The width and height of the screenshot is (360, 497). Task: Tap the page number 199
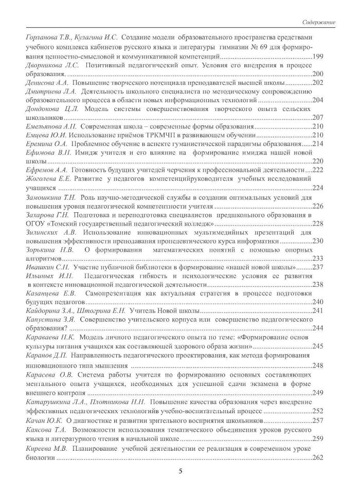[x=317, y=56]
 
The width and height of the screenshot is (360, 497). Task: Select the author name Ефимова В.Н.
[x=46, y=153]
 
